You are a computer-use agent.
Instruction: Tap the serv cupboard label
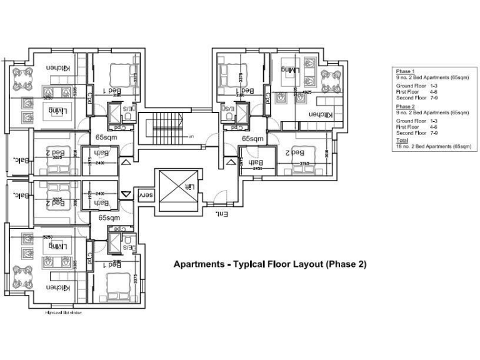tap(145, 195)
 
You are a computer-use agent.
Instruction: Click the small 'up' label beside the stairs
tap(191, 136)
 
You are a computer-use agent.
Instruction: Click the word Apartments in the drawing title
tap(198, 264)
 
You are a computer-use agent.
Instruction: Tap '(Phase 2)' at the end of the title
tap(345, 264)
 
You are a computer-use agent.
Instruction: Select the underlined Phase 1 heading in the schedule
tap(404, 72)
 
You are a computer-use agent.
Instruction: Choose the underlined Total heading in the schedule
tap(402, 141)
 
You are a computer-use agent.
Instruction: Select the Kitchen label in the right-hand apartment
tap(319, 115)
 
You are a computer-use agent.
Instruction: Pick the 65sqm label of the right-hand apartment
tap(252, 139)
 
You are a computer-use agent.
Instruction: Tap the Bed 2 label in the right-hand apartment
tap(295, 152)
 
